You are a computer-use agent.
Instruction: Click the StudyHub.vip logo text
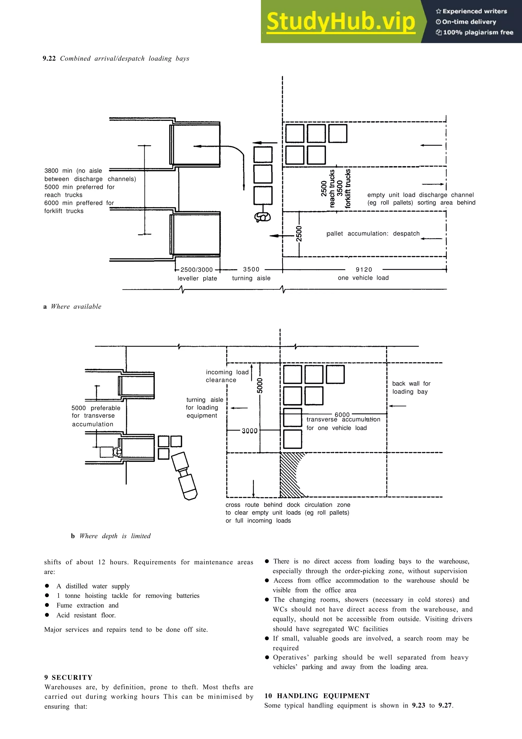[341, 22]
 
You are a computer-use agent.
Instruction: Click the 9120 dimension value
[364, 269]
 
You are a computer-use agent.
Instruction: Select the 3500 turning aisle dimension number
[251, 269]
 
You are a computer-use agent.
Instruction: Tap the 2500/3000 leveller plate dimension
[197, 270]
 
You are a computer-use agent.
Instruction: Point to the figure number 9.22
[49, 59]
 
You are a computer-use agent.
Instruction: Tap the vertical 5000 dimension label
[260, 385]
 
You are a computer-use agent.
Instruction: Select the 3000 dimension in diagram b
[250, 431]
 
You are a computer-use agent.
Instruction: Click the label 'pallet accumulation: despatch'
[373, 233]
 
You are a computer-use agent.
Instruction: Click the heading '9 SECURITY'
[68, 677]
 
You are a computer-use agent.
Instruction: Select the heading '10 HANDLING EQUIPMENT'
[317, 696]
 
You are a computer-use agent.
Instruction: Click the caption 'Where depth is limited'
[115, 536]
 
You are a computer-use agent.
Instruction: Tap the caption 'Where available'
[76, 307]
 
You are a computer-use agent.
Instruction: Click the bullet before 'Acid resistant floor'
[47, 615]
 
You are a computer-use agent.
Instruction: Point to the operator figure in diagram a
[263, 217]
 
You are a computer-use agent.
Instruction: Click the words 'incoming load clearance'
[227, 376]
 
